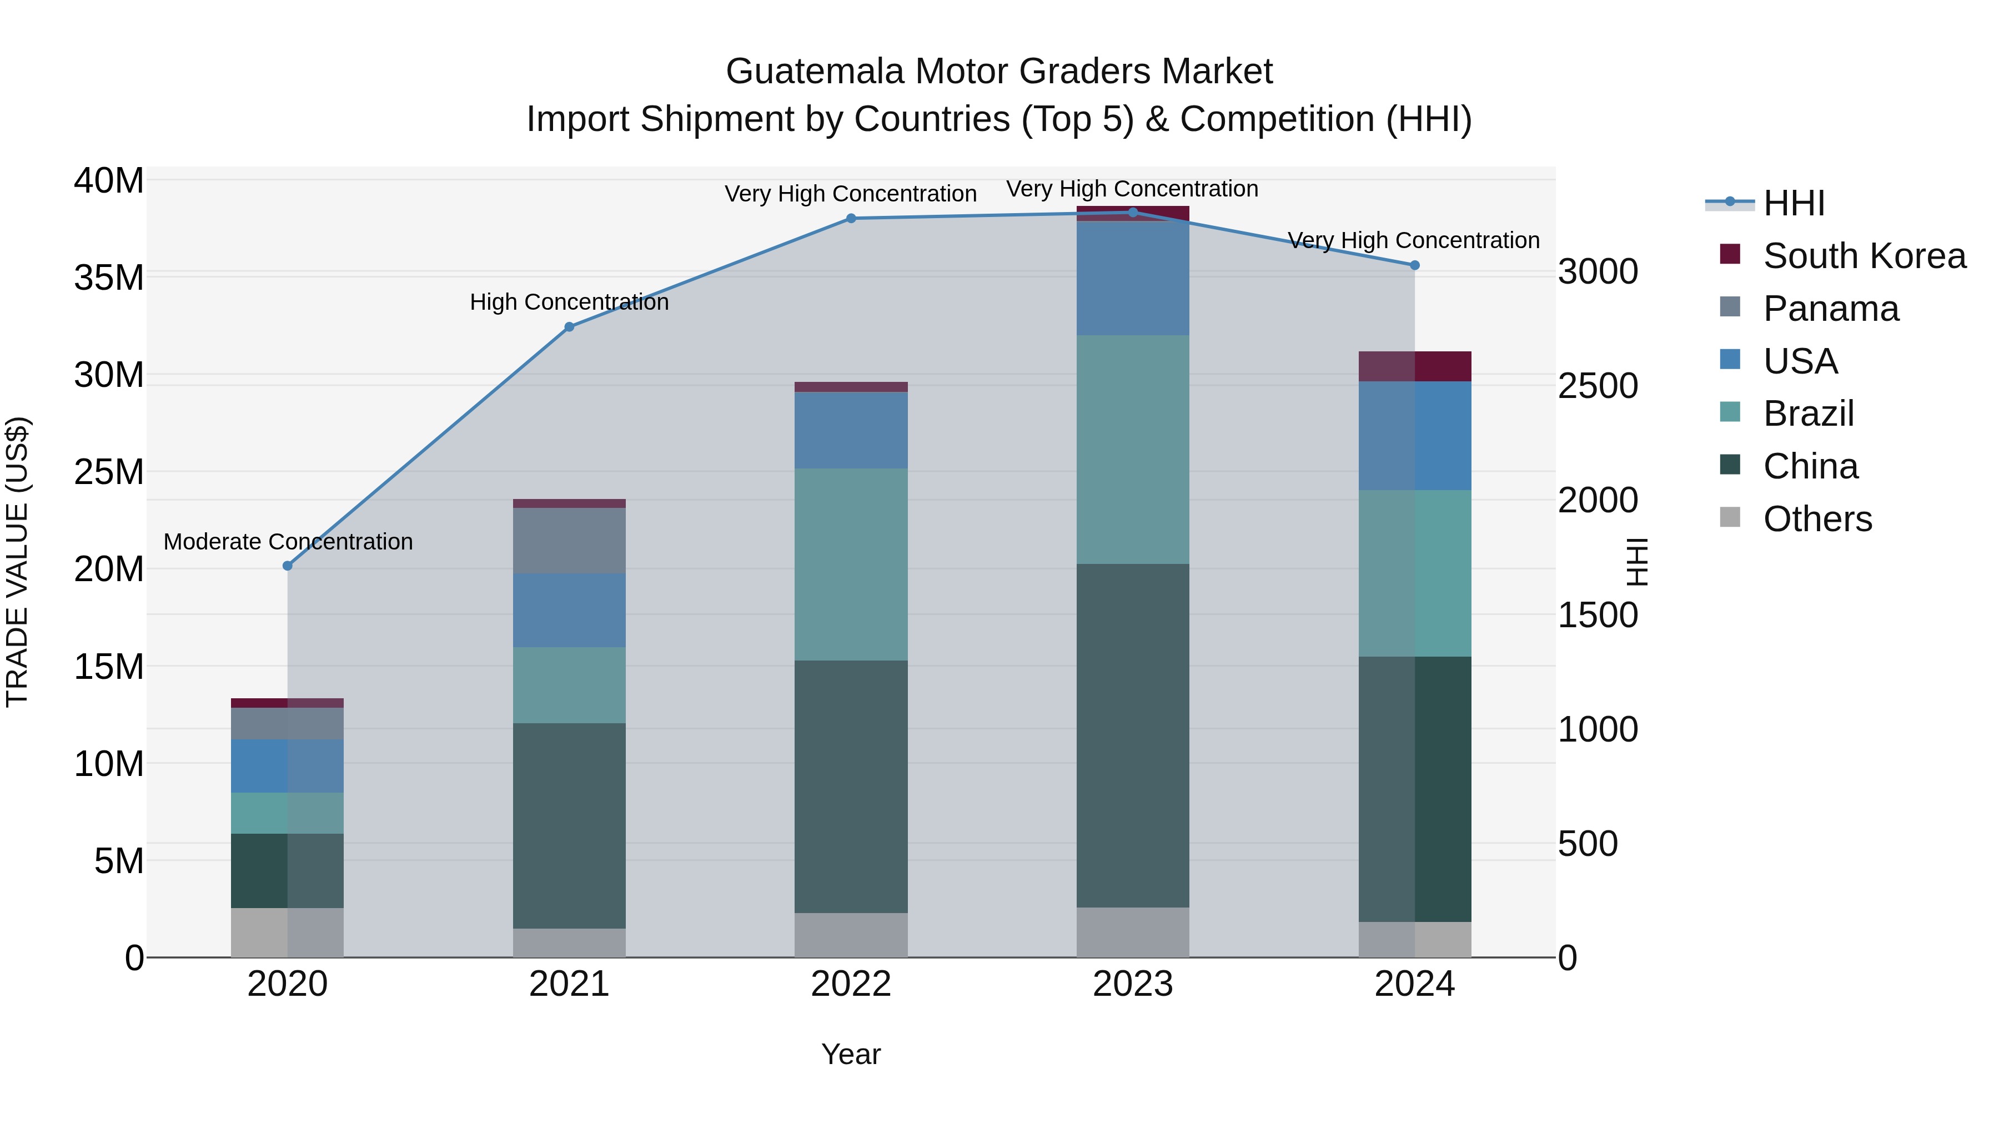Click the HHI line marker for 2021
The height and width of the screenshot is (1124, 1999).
pyautogui.click(x=569, y=326)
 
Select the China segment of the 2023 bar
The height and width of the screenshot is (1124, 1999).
pyautogui.click(x=1132, y=735)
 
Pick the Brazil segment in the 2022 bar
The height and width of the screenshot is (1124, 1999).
pyautogui.click(x=851, y=564)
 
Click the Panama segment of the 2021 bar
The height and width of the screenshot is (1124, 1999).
pyautogui.click(x=569, y=541)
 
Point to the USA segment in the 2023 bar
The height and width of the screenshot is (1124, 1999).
pyautogui.click(x=1132, y=278)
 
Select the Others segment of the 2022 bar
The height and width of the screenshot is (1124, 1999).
pyautogui.click(x=851, y=934)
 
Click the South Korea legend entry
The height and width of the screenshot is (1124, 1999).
pyautogui.click(x=1864, y=256)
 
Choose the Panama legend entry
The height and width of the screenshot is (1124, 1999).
pyautogui.click(x=1830, y=309)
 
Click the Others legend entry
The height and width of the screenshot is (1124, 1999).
pyautogui.click(x=1817, y=519)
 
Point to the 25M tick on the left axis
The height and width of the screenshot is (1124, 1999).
pyautogui.click(x=109, y=472)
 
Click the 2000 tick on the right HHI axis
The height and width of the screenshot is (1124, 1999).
pyautogui.click(x=1598, y=500)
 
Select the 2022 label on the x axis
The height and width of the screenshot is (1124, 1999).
pyautogui.click(x=851, y=984)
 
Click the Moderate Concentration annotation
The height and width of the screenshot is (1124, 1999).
pyautogui.click(x=288, y=541)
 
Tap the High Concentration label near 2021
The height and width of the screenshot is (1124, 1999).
pyautogui.click(x=569, y=302)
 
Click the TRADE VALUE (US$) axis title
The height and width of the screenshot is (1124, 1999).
pyautogui.click(x=17, y=562)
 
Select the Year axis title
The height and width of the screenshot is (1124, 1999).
pyautogui.click(x=851, y=1054)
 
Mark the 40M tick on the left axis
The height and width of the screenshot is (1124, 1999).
pyautogui.click(x=109, y=181)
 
